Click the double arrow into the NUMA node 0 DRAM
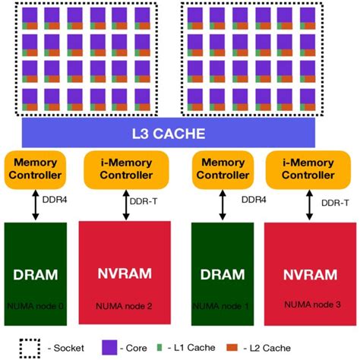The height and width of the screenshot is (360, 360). pos(35,204)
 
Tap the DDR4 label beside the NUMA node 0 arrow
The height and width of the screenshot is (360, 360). pos(64,202)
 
